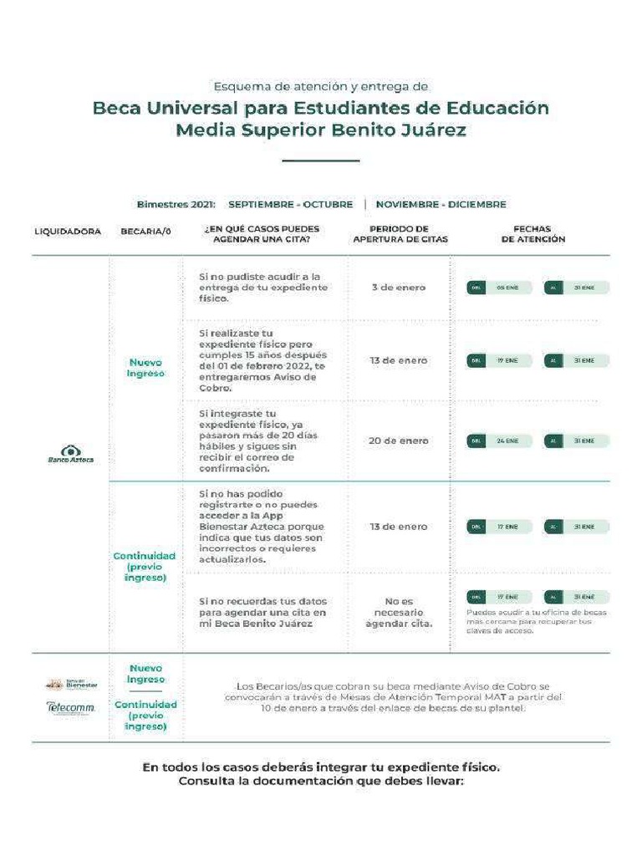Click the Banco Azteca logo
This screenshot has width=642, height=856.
click(71, 454)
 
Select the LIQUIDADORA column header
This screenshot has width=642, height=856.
click(68, 232)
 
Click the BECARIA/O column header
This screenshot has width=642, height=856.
click(145, 232)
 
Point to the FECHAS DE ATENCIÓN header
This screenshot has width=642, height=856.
click(532, 233)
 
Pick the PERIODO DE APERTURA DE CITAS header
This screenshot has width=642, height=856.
click(400, 233)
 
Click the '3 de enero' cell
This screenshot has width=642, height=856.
click(399, 288)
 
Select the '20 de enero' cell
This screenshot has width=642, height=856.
click(399, 441)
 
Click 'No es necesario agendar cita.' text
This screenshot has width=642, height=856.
click(399, 612)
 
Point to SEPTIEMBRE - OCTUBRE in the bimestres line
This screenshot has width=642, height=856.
click(290, 204)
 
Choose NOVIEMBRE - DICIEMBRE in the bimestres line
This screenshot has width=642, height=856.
click(441, 204)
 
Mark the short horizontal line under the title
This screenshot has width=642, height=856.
click(320, 160)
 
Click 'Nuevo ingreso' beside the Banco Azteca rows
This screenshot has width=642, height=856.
click(145, 368)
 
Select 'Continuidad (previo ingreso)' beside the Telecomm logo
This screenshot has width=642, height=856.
click(145, 716)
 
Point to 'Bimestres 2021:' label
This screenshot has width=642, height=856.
click(176, 204)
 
